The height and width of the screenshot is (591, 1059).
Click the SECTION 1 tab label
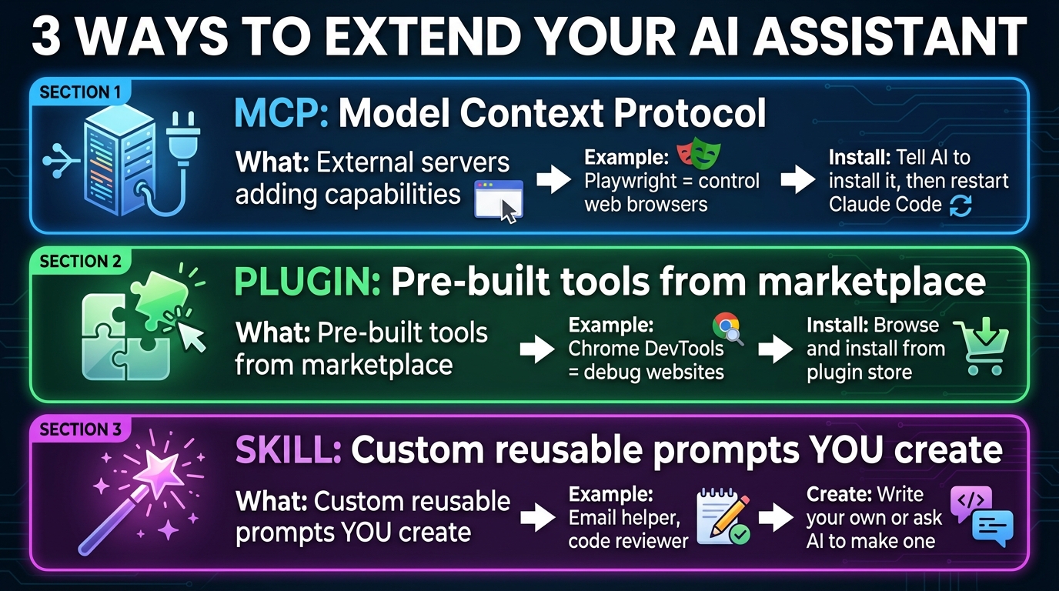80,93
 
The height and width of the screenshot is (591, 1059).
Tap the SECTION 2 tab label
80,262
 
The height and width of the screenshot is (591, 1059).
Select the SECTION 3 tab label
80,430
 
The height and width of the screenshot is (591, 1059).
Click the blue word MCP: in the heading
282,114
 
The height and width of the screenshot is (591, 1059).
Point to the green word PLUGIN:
307,282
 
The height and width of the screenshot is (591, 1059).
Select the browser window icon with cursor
499,200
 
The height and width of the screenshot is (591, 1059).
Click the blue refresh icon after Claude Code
961,205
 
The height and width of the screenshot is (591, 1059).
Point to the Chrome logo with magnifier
727,327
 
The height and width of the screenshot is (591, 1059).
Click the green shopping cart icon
980,347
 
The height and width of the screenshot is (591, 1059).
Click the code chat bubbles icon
981,516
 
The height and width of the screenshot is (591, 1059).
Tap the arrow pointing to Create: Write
775,517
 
